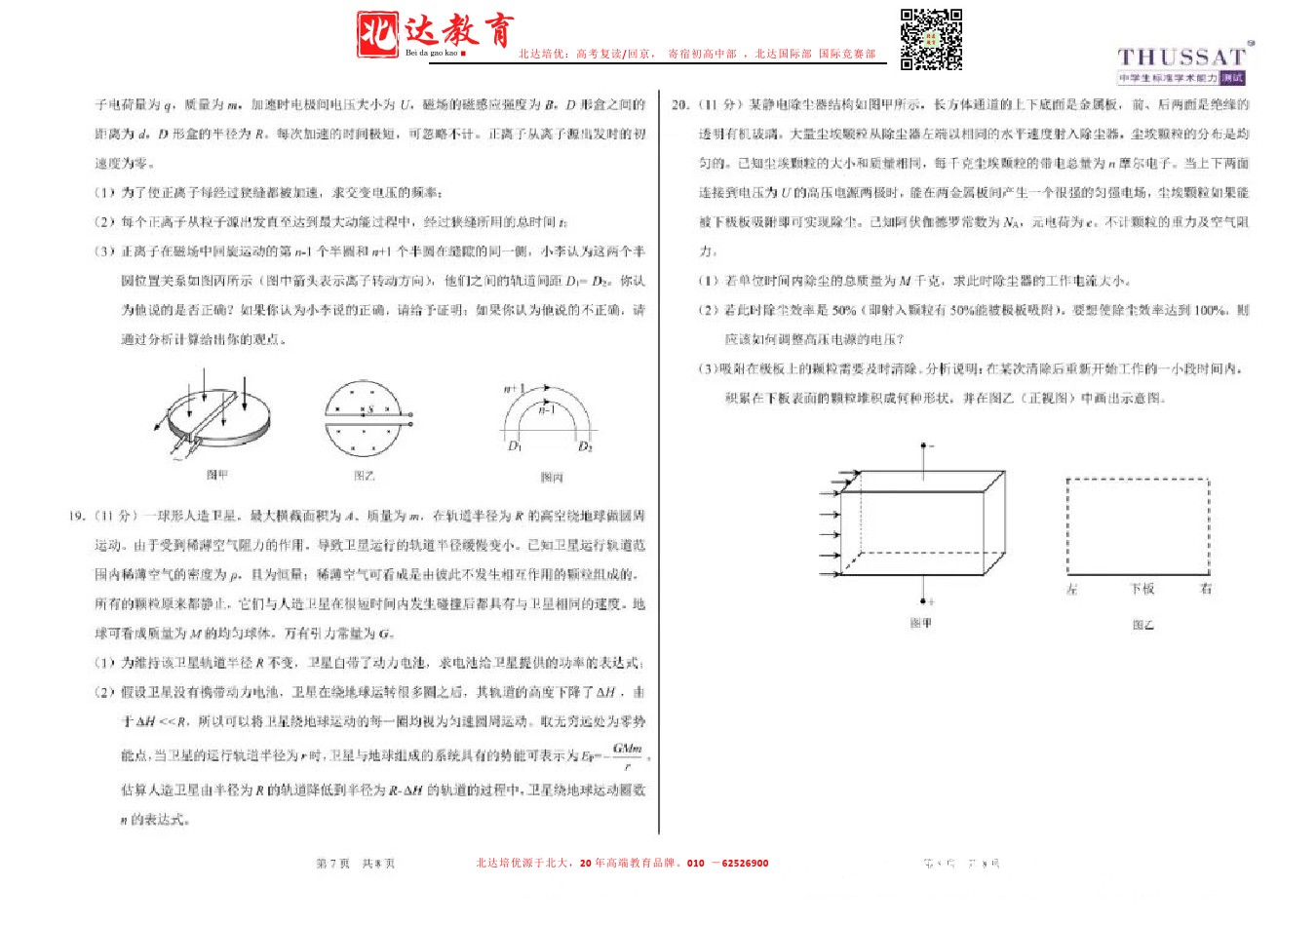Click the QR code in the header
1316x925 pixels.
[x=931, y=40]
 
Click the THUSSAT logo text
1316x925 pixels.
[x=1181, y=58]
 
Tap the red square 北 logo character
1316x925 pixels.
[x=377, y=33]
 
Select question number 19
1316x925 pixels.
[x=78, y=516]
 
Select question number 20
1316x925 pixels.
[x=680, y=104]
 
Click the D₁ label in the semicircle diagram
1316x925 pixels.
[x=515, y=445]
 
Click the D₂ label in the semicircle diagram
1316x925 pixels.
[x=585, y=446]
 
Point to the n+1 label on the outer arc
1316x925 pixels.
[x=514, y=389]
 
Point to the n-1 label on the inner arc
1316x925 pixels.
[x=547, y=409]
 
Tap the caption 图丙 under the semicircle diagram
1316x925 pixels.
[x=552, y=477]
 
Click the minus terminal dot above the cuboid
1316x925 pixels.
[x=923, y=446]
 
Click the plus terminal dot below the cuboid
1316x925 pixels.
[x=923, y=600]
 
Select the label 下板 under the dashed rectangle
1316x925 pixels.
[x=1142, y=589]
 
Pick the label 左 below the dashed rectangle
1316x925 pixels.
[x=1071, y=589]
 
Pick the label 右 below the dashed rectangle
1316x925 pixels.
[x=1206, y=589]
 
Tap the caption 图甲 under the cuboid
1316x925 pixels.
[x=920, y=623]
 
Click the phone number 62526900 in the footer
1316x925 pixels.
[x=745, y=863]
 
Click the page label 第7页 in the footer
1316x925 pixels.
[x=332, y=864]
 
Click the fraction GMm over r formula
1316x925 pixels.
[x=627, y=755]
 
